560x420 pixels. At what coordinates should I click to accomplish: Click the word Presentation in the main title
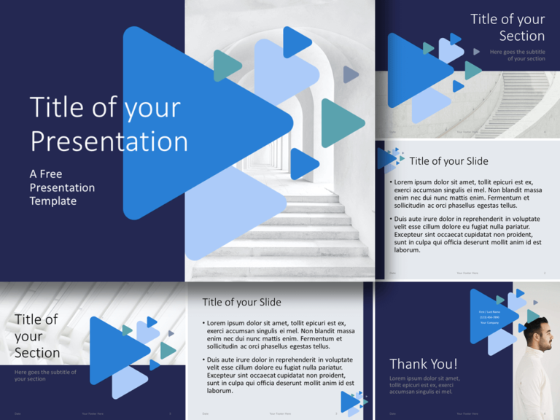[109, 141]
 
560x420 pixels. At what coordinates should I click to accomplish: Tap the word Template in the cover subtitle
[52, 201]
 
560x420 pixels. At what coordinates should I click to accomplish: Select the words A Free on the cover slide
[46, 174]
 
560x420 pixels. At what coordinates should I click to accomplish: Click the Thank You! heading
[424, 363]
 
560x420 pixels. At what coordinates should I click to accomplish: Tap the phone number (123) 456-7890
[489, 317]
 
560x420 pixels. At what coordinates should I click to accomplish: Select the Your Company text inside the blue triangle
[489, 323]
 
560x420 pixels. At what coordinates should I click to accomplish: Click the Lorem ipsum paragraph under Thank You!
[424, 385]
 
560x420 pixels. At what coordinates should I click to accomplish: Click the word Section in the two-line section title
[521, 36]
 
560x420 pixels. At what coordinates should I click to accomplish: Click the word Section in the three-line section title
[37, 353]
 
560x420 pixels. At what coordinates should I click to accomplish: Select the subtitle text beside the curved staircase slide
[517, 55]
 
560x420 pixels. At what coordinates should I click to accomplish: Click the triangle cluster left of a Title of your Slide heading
[389, 159]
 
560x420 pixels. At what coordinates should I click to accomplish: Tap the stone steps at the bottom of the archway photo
[292, 248]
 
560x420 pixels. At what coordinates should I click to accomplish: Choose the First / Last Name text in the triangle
[489, 311]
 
